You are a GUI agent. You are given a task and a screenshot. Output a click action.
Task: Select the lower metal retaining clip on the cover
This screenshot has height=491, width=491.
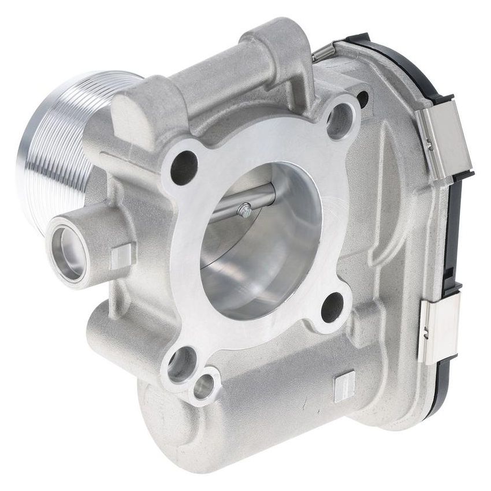point(439,329)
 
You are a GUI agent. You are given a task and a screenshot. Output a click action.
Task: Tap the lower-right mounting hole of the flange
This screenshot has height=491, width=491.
point(332,307)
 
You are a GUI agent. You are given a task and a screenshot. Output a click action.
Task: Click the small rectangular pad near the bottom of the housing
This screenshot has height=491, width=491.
point(344,385)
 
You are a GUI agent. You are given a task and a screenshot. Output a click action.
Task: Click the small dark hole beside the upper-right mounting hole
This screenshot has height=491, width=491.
point(363,99)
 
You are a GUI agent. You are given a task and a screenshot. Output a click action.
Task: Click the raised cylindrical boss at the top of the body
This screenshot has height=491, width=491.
point(271,52)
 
